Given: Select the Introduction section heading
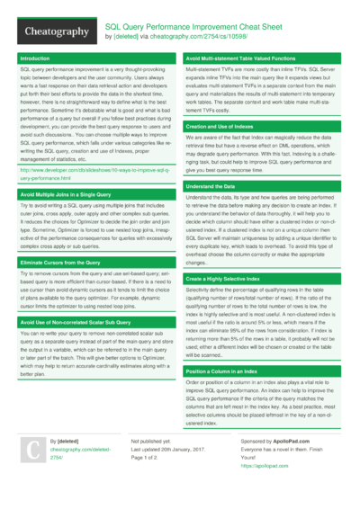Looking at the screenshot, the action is click(x=35, y=58).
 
